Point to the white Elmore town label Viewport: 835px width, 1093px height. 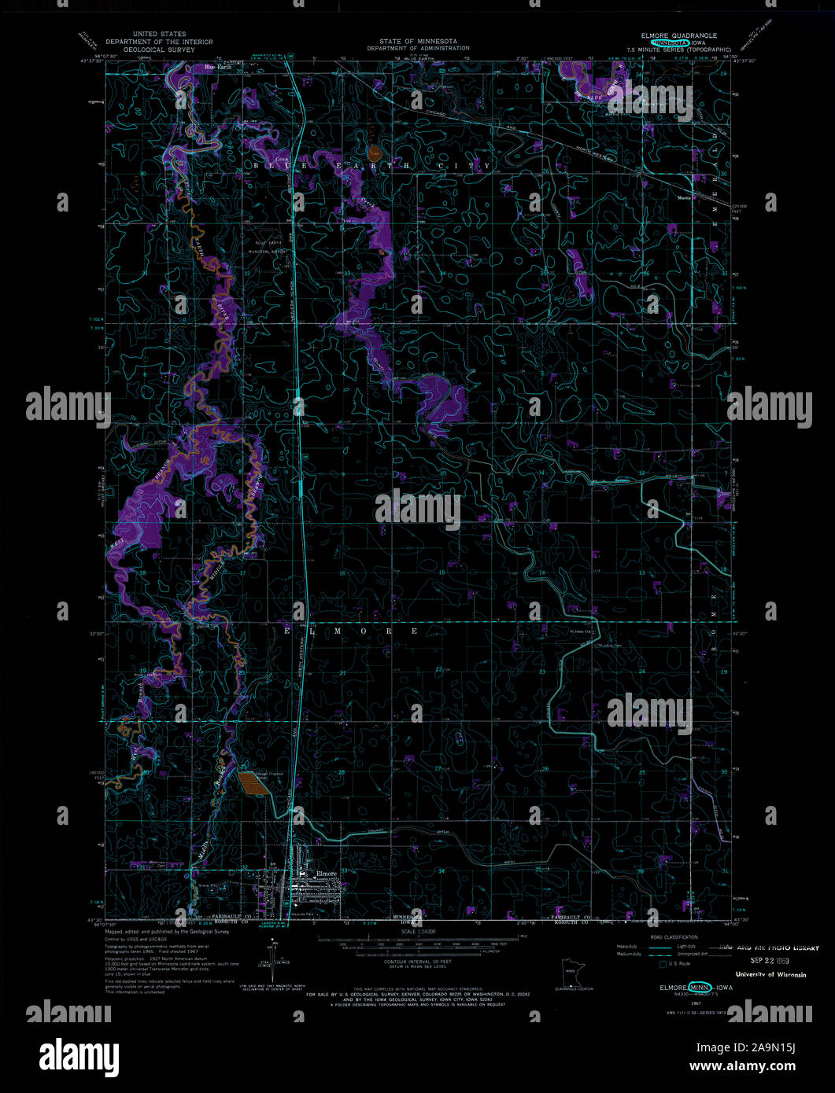click(326, 874)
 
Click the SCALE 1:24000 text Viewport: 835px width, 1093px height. click(417, 932)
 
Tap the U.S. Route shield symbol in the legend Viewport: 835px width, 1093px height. click(663, 963)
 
